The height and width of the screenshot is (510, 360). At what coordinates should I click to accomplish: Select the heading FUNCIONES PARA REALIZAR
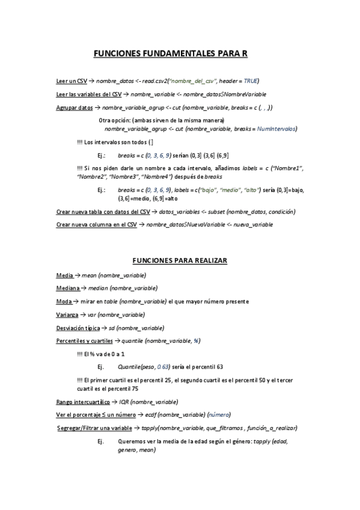[178, 260]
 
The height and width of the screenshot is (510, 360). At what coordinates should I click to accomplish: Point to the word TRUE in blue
[251, 81]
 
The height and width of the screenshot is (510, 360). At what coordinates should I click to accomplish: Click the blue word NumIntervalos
[276, 129]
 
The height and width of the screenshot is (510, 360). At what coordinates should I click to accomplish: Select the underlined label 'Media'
[64, 275]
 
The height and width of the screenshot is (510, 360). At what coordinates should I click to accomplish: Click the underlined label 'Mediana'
[68, 289]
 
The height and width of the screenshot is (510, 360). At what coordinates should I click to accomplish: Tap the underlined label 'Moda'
[64, 301]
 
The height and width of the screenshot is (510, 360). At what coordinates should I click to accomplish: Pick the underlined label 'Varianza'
[67, 315]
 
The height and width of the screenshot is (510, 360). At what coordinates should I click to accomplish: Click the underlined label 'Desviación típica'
[78, 328]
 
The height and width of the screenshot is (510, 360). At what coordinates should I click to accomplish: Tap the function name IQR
[122, 402]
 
